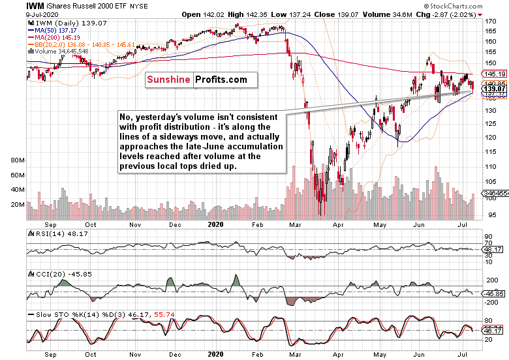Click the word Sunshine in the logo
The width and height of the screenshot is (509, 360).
click(x=169, y=80)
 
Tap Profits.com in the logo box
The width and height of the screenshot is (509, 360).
click(x=221, y=80)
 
